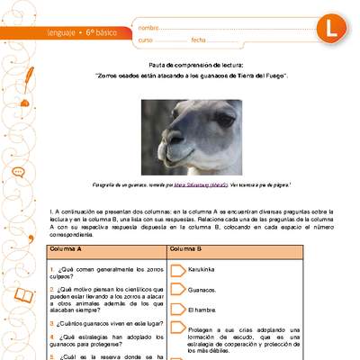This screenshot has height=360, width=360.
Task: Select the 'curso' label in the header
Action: (x=147, y=40)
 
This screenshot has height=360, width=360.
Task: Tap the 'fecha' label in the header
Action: (x=199, y=40)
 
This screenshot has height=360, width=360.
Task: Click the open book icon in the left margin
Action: (x=20, y=345)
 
